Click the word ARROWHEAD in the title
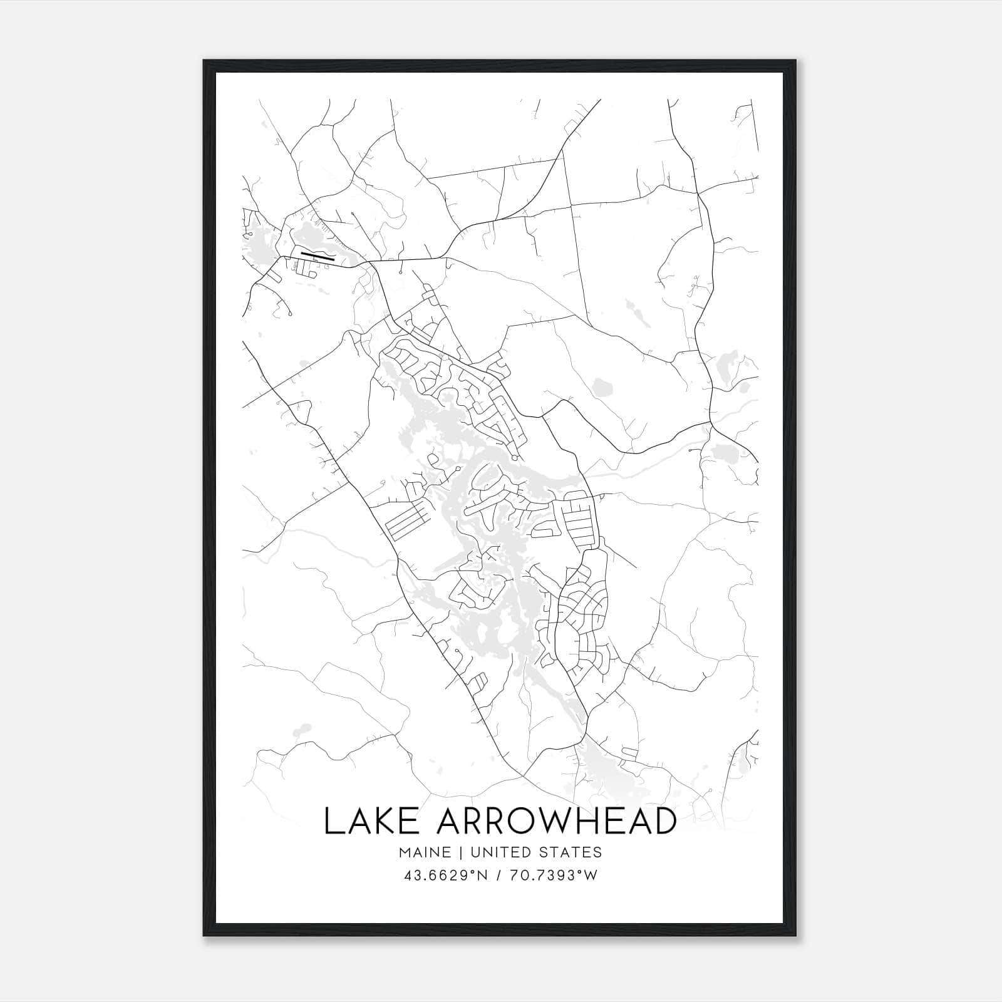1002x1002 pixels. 556,821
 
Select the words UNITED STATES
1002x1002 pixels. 536,852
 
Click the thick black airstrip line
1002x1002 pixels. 318,256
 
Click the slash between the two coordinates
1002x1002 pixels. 498,875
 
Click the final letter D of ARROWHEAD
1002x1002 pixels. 664,821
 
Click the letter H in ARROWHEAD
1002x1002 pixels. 595,821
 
